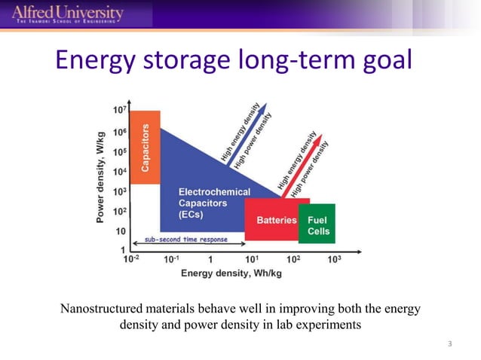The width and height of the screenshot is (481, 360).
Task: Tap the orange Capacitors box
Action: click(145, 147)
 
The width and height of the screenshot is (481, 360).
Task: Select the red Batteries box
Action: click(271, 220)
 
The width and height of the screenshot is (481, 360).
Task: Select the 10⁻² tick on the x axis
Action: click(131, 259)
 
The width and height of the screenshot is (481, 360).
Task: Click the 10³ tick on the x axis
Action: click(335, 259)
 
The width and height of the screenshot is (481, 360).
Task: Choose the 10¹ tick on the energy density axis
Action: click(253, 259)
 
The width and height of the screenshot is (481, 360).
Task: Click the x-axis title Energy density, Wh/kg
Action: click(231, 273)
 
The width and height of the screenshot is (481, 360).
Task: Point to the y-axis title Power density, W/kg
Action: click(101, 181)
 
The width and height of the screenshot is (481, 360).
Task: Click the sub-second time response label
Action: click(185, 240)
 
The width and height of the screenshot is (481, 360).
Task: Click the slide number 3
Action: click(449, 345)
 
